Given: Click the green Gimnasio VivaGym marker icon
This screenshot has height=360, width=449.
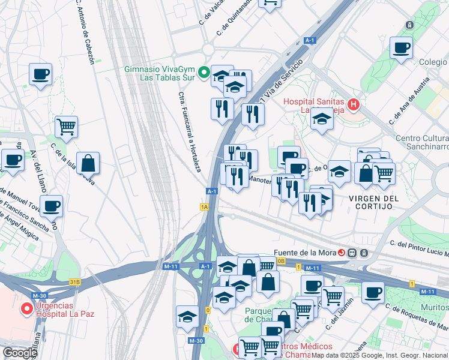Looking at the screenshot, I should (203, 73).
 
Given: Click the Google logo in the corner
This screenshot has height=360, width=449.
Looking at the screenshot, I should (20, 353).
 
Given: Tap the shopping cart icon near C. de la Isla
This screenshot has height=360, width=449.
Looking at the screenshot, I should (66, 127).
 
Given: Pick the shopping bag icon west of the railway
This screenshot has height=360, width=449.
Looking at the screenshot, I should (88, 163).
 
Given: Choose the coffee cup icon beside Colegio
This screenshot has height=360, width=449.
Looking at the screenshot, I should (401, 48).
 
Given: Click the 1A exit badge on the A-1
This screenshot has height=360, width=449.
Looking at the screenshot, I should (204, 207).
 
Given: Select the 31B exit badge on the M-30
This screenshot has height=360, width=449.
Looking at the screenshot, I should (75, 281).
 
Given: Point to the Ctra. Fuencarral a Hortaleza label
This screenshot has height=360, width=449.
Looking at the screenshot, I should (189, 131).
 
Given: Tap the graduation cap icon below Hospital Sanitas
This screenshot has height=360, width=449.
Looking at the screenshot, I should (322, 119).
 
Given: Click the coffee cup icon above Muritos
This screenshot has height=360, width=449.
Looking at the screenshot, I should (373, 293).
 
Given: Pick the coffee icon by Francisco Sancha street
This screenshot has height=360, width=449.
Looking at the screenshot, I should (52, 205).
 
